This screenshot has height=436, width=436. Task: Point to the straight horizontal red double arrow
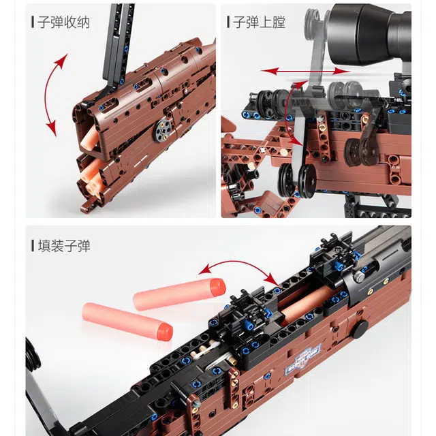coord(305,72)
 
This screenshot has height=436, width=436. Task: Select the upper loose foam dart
coord(179,294)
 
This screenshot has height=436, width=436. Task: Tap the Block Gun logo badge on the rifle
coord(303,360)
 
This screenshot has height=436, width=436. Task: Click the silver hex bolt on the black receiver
coord(359,275)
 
